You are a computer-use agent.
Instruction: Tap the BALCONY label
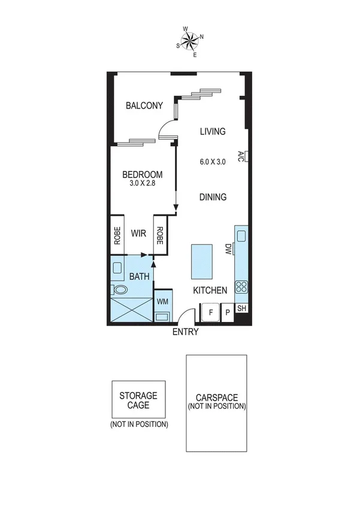tap(144, 106)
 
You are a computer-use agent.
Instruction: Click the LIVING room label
tap(213, 131)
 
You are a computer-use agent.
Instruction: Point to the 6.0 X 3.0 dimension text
tap(213, 161)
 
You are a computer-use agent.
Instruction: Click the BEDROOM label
tap(142, 175)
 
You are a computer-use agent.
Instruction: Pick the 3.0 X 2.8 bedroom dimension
tap(142, 184)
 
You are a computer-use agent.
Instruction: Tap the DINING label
tap(213, 197)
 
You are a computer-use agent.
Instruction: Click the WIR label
tap(140, 234)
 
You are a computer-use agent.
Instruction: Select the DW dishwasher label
tap(228, 248)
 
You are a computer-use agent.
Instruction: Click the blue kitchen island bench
tap(202, 261)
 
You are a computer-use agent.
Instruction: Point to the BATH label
tap(140, 276)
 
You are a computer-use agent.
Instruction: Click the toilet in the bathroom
tap(120, 290)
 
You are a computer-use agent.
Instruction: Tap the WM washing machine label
tap(162, 302)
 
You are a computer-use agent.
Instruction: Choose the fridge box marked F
tap(210, 312)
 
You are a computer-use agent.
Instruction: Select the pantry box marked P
tap(228, 312)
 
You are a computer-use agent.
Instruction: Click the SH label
tap(242, 309)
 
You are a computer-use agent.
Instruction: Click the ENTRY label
tap(185, 332)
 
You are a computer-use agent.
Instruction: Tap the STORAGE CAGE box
tap(138, 400)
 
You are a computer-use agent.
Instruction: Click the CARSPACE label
tap(216, 397)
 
